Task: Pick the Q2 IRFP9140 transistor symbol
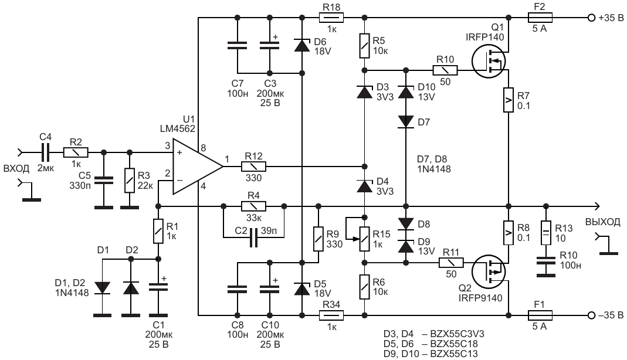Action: tap(490, 271)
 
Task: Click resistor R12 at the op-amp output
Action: tap(253, 167)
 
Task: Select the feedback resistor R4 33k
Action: tap(253, 206)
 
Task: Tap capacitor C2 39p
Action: tap(253, 238)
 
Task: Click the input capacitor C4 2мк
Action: tap(45, 153)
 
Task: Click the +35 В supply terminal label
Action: tap(611, 18)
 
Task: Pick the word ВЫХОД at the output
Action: tap(601, 222)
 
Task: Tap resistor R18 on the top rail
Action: tap(331, 17)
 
